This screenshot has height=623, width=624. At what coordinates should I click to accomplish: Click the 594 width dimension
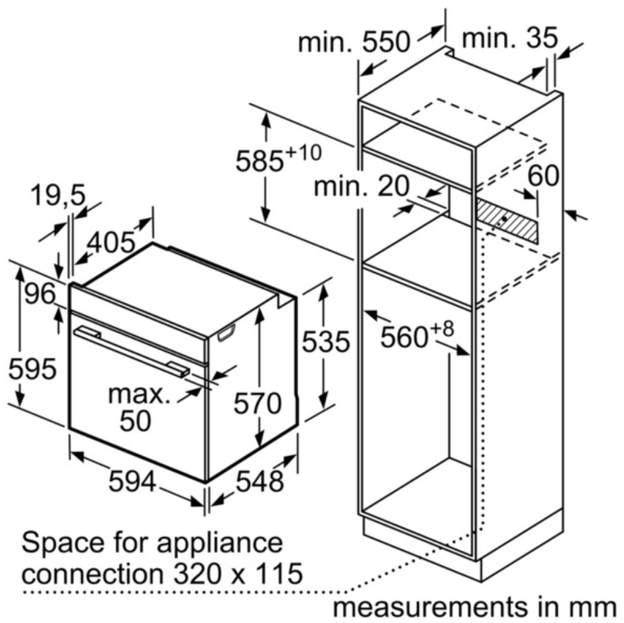click(132, 481)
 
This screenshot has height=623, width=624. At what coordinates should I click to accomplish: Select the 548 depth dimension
click(260, 481)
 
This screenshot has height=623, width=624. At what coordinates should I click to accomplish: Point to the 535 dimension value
click(326, 341)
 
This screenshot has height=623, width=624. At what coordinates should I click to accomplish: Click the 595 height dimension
click(33, 369)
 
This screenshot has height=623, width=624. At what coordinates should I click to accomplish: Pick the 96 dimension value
click(40, 294)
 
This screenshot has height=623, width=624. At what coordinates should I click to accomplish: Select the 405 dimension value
click(111, 242)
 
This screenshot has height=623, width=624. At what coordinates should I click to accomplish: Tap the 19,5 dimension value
click(58, 195)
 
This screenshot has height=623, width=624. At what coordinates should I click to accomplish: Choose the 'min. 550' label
click(354, 42)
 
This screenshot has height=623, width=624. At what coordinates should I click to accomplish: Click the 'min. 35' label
click(510, 39)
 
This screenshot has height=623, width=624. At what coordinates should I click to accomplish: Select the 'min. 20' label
click(361, 186)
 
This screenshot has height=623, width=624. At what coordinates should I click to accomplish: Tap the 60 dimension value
click(543, 175)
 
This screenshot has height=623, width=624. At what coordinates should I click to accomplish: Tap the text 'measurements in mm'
click(474, 607)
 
